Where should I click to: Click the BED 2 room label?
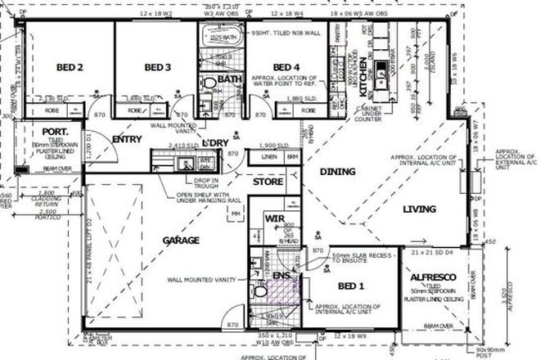(70, 67)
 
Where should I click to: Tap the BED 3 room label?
(156, 67)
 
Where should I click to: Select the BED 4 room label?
(286, 67)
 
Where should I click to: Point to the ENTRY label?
(128, 140)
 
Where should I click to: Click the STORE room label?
(268, 182)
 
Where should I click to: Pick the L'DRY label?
(214, 143)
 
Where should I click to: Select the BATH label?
(230, 79)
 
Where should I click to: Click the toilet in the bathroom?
(209, 84)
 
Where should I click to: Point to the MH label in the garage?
(236, 214)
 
